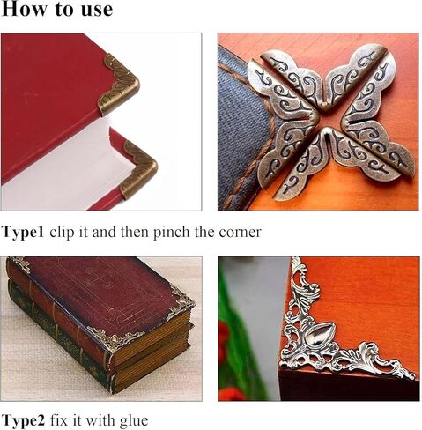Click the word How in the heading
point(25,11)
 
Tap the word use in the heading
point(94,11)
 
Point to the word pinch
point(171,233)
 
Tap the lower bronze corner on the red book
point(138,167)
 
